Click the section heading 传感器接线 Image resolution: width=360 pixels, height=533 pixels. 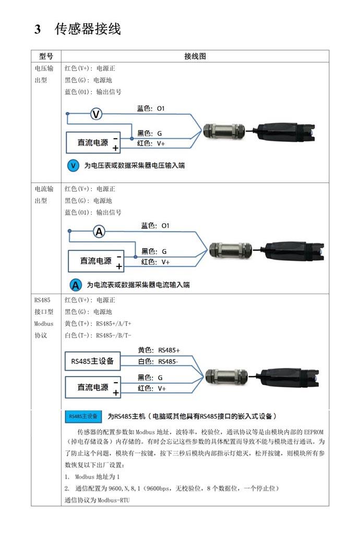tap(87, 29)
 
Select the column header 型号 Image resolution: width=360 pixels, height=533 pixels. tap(46, 56)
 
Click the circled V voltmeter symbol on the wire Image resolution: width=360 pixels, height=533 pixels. tap(97, 114)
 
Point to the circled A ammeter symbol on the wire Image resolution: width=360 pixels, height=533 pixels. tap(99, 232)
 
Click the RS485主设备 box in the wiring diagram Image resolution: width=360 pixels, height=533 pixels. tap(92, 361)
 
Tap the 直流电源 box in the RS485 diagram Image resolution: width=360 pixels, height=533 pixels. tap(93, 387)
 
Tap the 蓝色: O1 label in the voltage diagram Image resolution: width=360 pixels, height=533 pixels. tap(151, 108)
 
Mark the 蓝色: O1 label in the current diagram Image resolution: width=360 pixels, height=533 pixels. tap(155, 226)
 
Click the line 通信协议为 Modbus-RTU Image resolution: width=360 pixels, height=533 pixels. tap(97, 500)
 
